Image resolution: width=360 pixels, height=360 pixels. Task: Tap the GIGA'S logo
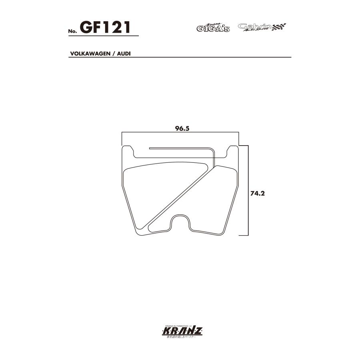point(213,28)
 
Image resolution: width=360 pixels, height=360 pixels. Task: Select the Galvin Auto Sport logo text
point(255,27)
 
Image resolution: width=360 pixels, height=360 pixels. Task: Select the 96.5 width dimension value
point(181,128)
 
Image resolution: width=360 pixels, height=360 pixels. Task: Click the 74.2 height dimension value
point(258,193)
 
